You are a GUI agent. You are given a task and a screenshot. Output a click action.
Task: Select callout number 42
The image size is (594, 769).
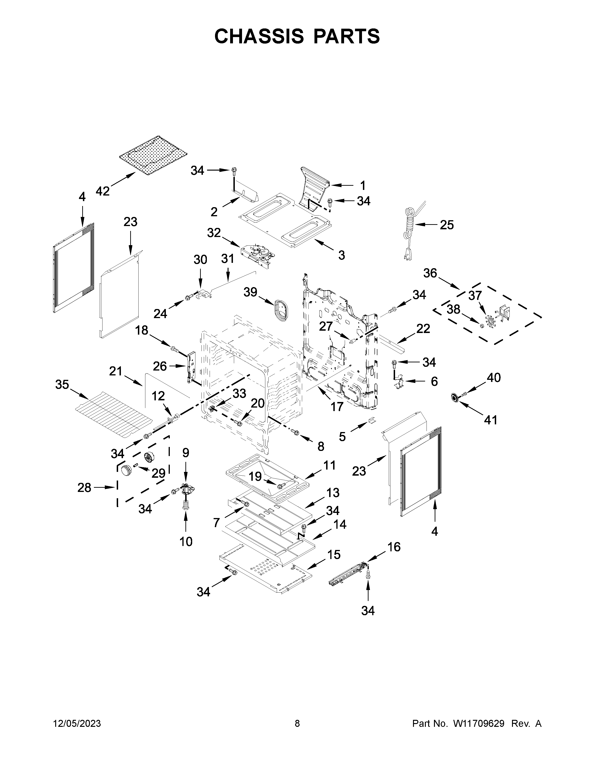pos(103,191)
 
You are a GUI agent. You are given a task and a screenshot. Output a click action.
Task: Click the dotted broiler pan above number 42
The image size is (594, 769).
pos(153,153)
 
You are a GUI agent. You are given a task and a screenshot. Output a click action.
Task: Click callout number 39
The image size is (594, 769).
pos(251,292)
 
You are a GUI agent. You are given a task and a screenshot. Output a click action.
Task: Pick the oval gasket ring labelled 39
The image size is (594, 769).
pos(280,309)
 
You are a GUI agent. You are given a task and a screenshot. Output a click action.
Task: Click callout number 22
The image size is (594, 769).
pos(423,329)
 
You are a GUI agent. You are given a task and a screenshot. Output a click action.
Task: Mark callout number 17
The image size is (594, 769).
pos(337,407)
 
